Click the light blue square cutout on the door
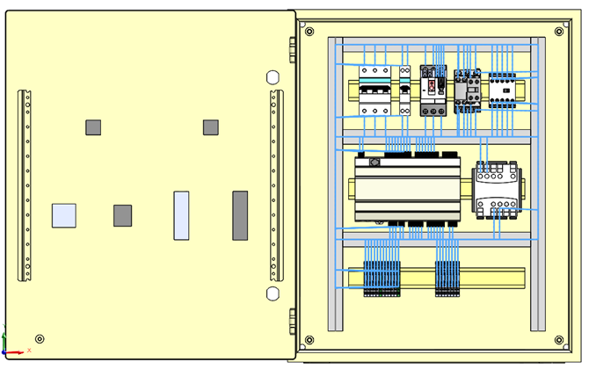point(63,215)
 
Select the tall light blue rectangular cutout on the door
point(181,215)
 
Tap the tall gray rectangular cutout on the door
point(240,215)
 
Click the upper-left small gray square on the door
point(93,127)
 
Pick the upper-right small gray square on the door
point(210,127)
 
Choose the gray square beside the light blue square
point(122,215)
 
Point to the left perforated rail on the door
point(25,185)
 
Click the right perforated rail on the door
point(276,185)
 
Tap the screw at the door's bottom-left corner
point(40,339)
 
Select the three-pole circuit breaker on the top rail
point(374,90)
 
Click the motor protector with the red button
point(433,90)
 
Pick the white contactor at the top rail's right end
point(503,89)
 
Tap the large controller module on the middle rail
point(407,189)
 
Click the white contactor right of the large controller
point(497,189)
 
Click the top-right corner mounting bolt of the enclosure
point(559,32)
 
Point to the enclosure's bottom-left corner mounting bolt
point(309,340)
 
